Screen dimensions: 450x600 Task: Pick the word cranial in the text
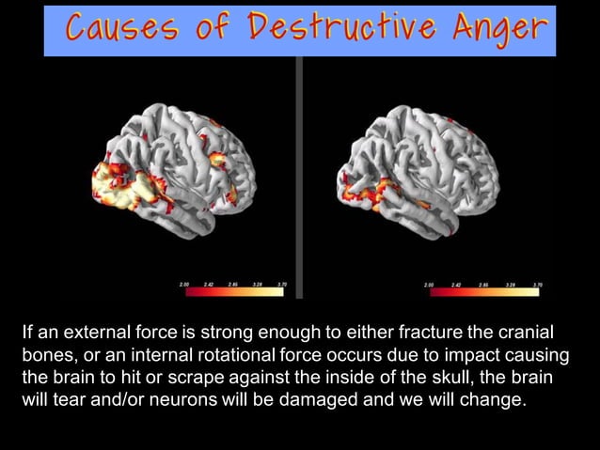526,334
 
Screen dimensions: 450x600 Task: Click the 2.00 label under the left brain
182,282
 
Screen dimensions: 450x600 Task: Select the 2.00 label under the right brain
429,282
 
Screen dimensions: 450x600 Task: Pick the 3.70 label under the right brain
537,282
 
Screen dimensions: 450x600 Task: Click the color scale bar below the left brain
232,292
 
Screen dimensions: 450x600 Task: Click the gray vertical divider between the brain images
299,178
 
